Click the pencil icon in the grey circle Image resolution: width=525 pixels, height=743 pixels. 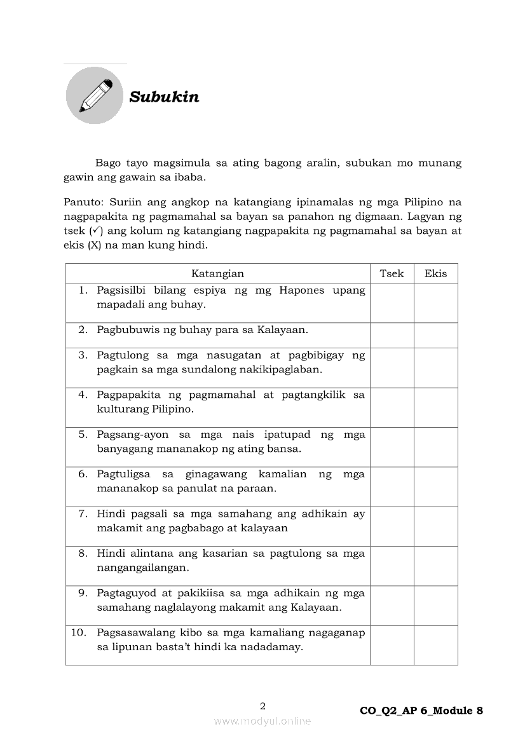95,95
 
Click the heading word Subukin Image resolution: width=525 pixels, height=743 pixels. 164,97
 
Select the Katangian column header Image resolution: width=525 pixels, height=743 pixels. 217,274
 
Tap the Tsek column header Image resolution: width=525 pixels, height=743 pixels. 392,274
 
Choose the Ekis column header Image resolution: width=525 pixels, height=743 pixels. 435,274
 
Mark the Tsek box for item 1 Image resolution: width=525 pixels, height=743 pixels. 392,303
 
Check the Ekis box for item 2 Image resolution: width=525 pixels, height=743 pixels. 435,335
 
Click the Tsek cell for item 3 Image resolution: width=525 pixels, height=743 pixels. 392,367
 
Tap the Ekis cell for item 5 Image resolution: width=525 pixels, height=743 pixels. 435,447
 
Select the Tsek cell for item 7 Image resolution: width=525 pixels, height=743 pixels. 392,526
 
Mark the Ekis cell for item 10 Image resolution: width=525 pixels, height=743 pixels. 435,645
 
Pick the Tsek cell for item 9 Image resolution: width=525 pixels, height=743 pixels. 392,606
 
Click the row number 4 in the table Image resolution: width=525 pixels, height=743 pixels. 83,395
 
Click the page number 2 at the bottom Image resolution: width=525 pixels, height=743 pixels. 262,706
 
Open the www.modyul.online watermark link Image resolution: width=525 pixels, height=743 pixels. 262,721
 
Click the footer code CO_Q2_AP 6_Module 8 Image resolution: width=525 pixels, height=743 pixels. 421,711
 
